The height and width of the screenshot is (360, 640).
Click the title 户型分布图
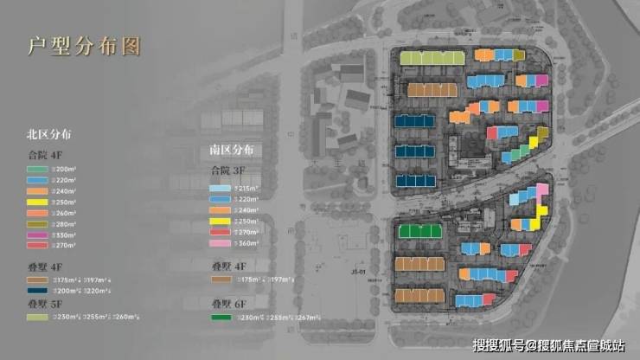(83, 46)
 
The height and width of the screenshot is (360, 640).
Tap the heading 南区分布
(232, 150)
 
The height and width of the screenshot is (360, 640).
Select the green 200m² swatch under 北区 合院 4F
(39, 168)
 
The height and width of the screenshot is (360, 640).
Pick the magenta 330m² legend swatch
(39, 235)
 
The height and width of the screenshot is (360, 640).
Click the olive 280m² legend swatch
(39, 223)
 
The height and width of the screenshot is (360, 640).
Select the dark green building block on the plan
(419, 231)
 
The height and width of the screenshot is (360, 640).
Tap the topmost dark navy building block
(416, 122)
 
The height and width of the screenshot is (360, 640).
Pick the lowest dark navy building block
(416, 180)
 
